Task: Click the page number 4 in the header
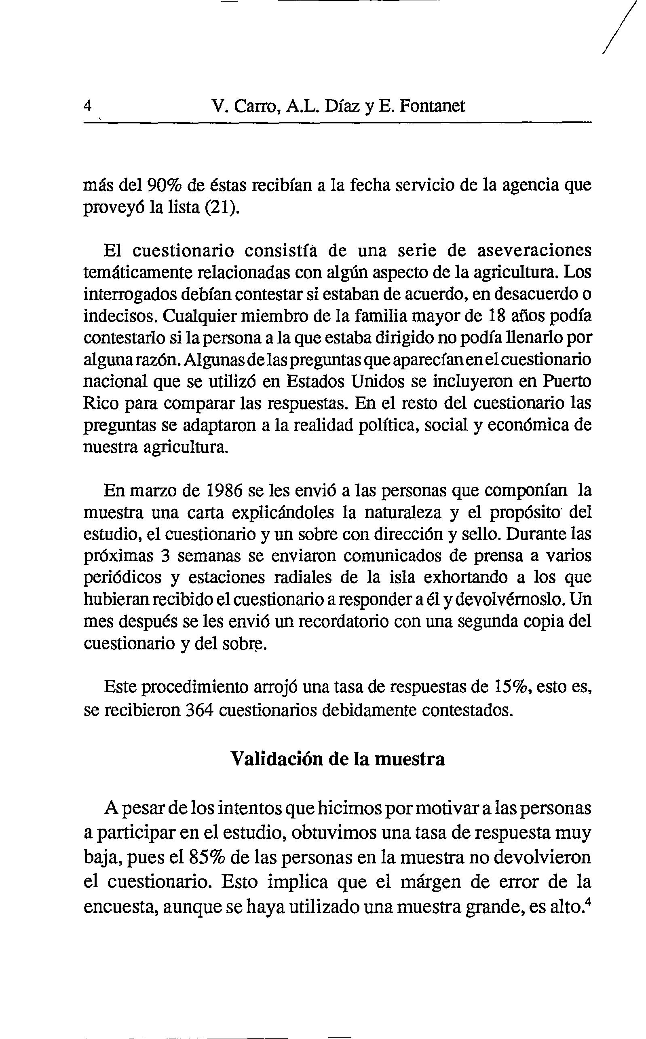click(88, 105)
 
